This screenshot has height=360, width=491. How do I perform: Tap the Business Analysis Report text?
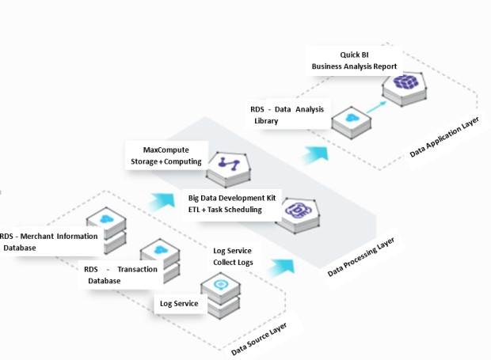pyautogui.click(x=354, y=66)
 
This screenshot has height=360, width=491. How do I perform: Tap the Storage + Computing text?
pyautogui.click(x=166, y=162)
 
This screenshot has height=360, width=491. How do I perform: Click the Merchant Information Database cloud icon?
pyautogui.click(x=106, y=219)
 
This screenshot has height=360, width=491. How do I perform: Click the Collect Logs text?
pyautogui.click(x=232, y=263)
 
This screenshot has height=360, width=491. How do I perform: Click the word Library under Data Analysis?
pyautogui.click(x=266, y=123)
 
